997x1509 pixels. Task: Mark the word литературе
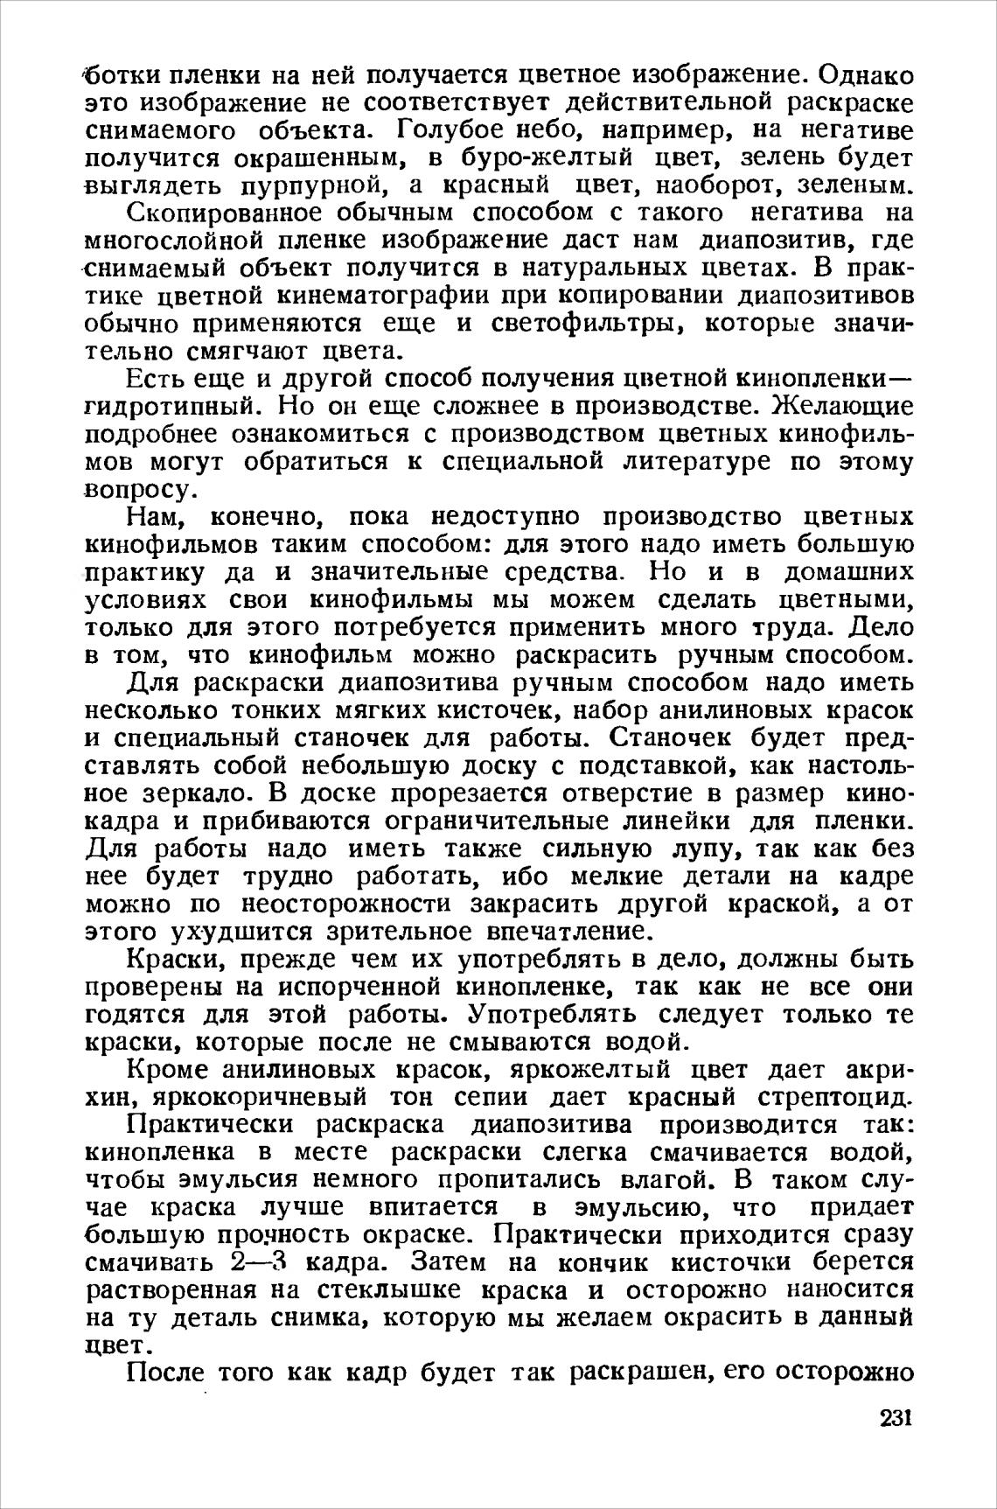click(x=697, y=463)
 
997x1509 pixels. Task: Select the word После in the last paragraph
click(x=169, y=1374)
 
